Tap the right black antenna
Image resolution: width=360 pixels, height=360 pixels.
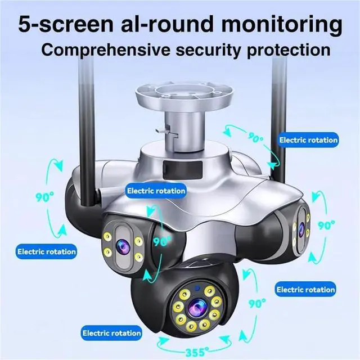280,112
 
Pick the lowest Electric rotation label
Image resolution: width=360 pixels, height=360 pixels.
111,333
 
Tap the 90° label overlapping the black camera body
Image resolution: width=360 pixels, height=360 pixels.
161,242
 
